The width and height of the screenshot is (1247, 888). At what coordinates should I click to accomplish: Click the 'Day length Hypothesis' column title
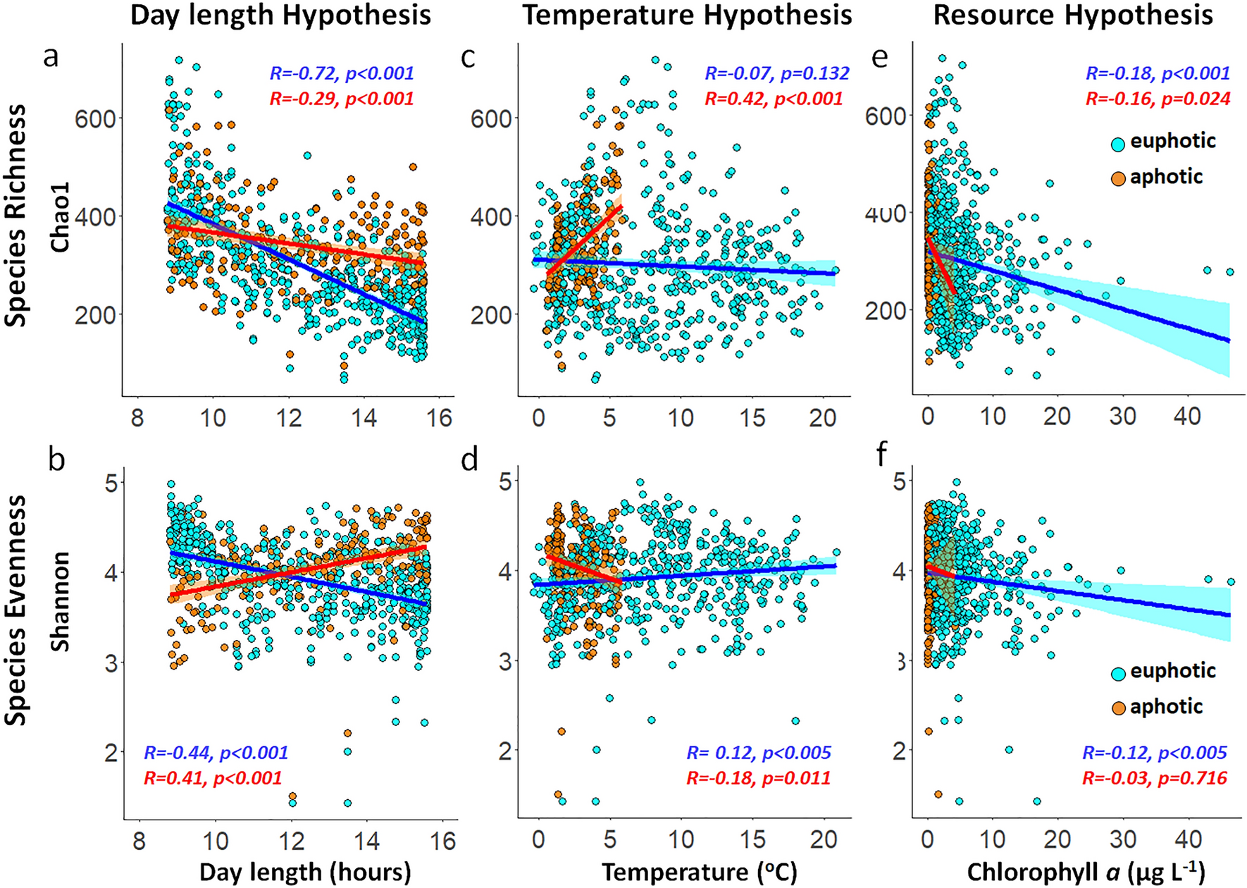280,15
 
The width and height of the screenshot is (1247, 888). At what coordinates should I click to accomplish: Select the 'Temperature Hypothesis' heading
687,15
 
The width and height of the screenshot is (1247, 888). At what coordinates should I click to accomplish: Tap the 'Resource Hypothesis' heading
1073,15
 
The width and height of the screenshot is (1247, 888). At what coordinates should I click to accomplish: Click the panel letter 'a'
50,56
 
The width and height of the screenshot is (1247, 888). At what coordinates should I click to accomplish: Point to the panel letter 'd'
469,460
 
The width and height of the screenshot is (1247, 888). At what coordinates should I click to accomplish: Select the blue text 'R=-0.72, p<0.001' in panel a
342,73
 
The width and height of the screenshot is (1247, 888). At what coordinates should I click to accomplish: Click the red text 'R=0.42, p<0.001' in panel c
774,99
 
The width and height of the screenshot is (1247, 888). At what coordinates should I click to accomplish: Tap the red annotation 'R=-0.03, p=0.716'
1155,778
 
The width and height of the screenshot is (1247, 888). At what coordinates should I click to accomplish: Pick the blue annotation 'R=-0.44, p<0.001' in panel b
216,753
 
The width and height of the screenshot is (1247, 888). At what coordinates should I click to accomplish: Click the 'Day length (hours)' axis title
305,872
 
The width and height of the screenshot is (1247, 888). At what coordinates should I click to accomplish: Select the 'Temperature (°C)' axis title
699,872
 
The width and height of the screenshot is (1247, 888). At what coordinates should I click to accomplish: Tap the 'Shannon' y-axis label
61,601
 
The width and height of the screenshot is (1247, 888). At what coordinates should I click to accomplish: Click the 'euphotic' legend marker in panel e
1118,144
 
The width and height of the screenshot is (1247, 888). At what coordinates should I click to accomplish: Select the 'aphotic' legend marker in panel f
1118,708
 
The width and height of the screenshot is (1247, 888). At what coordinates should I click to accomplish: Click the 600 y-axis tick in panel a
95,118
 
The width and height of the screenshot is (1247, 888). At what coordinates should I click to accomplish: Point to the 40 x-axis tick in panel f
1189,839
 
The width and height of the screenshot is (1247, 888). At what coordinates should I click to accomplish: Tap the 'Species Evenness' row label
15,610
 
